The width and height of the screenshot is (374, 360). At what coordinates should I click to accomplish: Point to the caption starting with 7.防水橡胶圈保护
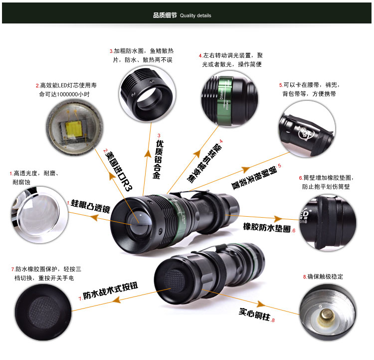44,273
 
